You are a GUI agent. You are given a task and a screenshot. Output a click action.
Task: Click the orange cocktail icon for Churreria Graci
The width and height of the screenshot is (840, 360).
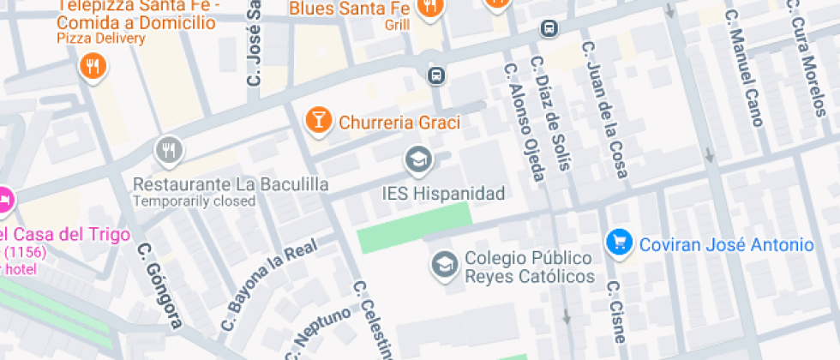[x=318, y=121]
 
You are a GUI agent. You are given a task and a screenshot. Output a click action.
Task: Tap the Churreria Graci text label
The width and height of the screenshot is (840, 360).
[x=399, y=123]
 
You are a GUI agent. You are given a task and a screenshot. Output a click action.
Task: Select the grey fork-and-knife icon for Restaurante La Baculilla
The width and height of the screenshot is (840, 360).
[x=169, y=152]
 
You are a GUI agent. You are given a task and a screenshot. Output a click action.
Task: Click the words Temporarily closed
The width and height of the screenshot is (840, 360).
[x=194, y=201]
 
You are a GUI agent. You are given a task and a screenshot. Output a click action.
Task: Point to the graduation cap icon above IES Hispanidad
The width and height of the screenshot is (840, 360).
[x=418, y=159]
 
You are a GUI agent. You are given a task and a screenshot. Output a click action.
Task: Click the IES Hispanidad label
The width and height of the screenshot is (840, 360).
[x=443, y=193]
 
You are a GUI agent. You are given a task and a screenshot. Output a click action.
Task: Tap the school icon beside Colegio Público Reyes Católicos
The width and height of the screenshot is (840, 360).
[x=444, y=264]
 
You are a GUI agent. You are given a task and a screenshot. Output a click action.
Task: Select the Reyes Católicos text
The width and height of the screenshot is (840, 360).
[x=530, y=276]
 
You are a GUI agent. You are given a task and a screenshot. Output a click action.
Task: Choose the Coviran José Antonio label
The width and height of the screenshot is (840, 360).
[x=726, y=245]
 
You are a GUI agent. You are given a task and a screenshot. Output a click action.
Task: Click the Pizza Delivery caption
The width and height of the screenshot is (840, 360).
[x=97, y=39]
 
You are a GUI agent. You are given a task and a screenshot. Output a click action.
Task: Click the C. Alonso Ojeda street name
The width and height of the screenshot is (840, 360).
[x=525, y=122]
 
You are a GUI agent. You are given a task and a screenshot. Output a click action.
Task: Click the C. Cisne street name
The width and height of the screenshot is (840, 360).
[x=616, y=309]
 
